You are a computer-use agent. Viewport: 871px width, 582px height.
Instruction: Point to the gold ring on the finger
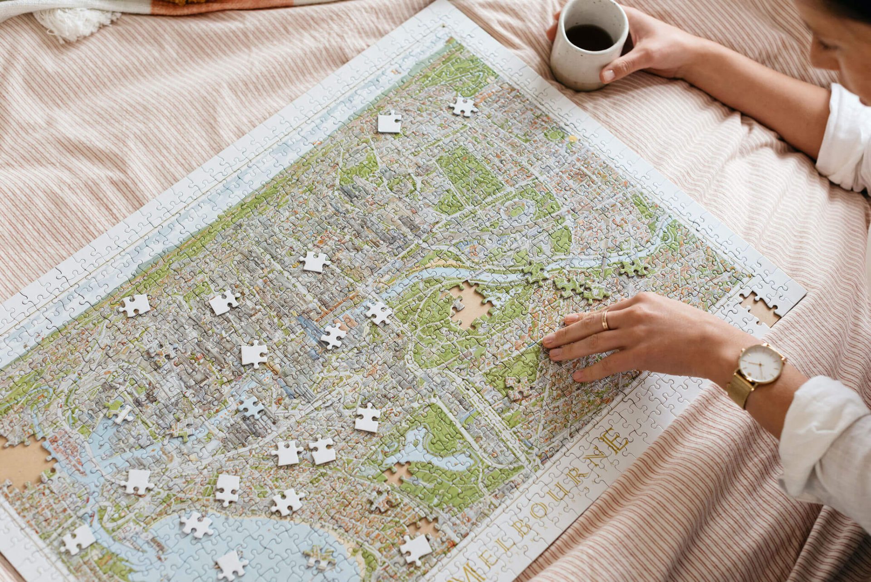tap(605, 320)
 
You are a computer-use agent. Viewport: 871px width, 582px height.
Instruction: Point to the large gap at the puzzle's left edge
tap(20, 461)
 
